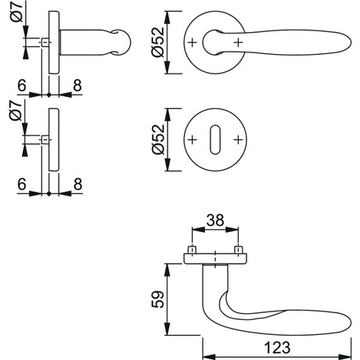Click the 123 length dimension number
(277, 347)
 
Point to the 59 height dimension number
(158, 299)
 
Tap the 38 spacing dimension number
(215, 221)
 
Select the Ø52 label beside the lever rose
(158, 42)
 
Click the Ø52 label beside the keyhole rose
(158, 139)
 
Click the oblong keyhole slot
(215, 139)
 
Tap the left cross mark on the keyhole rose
(193, 140)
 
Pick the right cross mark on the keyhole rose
(238, 140)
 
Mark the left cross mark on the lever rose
(193, 42)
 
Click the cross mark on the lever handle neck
(238, 42)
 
